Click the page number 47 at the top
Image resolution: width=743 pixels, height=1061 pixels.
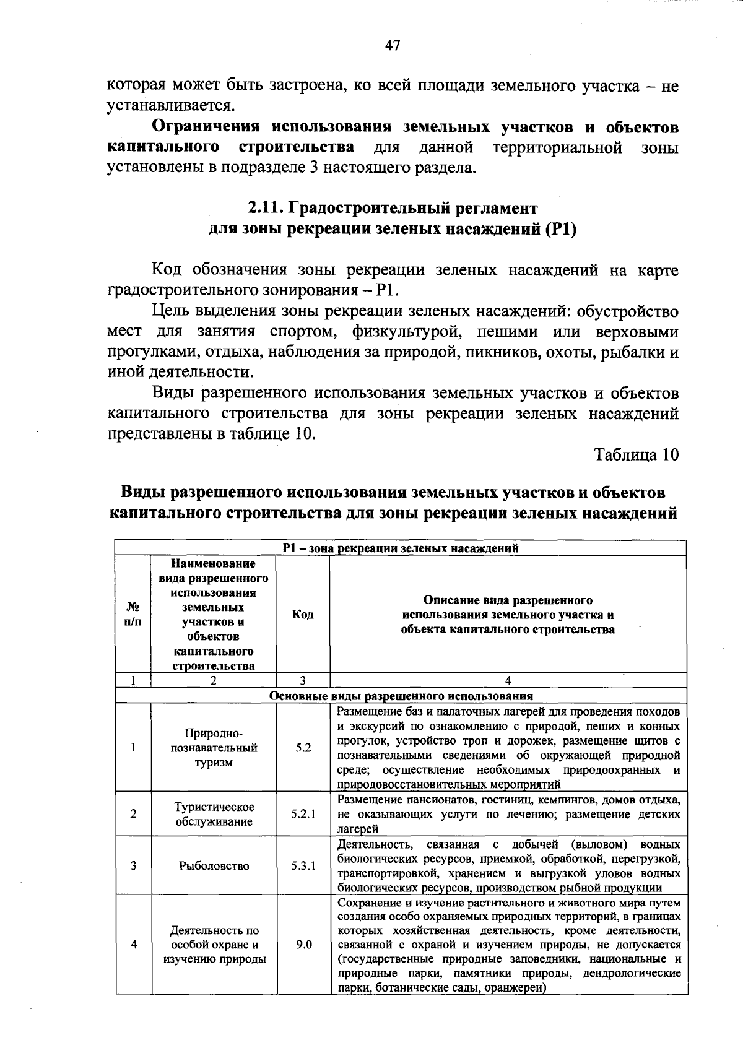pos(393,46)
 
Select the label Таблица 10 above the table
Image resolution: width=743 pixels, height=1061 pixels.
pos(637,454)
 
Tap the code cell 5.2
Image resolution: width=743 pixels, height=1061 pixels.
pos(303,748)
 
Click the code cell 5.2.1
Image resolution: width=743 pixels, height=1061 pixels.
pos(303,814)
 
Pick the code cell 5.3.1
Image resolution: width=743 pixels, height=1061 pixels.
pos(303,866)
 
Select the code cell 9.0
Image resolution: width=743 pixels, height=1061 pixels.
pos(303,945)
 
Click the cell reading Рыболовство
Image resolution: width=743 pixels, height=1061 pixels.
pos(214,866)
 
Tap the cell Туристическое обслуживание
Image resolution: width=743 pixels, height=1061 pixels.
pos(214,814)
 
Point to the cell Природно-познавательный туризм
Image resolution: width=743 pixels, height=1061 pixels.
pos(214,748)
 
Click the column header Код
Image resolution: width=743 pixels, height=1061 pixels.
pos(303,615)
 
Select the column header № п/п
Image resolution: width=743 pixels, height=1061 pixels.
pos(133,615)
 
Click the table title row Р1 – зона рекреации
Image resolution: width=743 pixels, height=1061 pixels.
pos(401,548)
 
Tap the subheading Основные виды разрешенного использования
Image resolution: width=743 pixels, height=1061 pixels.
pos(401,696)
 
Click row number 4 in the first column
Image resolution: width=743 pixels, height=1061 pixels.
pos(133,945)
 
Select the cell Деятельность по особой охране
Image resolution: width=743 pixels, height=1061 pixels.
pos(214,945)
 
